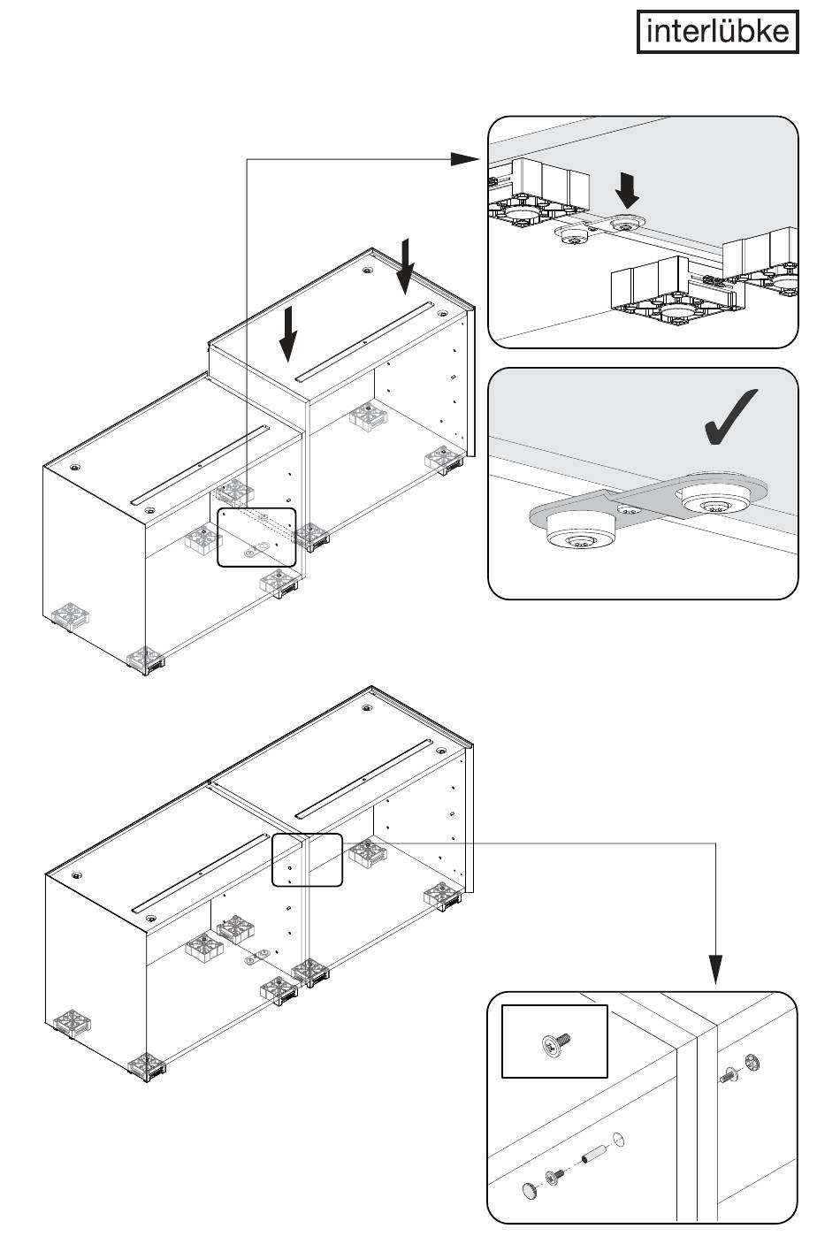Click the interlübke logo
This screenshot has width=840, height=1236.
point(717,32)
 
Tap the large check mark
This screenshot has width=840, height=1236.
point(729,417)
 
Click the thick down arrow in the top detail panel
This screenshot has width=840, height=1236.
point(627,189)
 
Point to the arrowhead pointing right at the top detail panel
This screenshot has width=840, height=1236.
point(465,159)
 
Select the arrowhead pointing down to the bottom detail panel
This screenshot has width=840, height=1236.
point(715,970)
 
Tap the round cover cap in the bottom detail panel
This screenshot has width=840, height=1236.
point(531,1186)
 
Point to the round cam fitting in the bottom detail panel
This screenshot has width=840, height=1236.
point(752,1061)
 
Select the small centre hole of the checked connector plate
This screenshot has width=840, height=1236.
point(627,508)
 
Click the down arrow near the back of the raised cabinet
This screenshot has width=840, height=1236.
point(406,266)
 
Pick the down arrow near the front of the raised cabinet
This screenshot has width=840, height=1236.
point(288,334)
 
